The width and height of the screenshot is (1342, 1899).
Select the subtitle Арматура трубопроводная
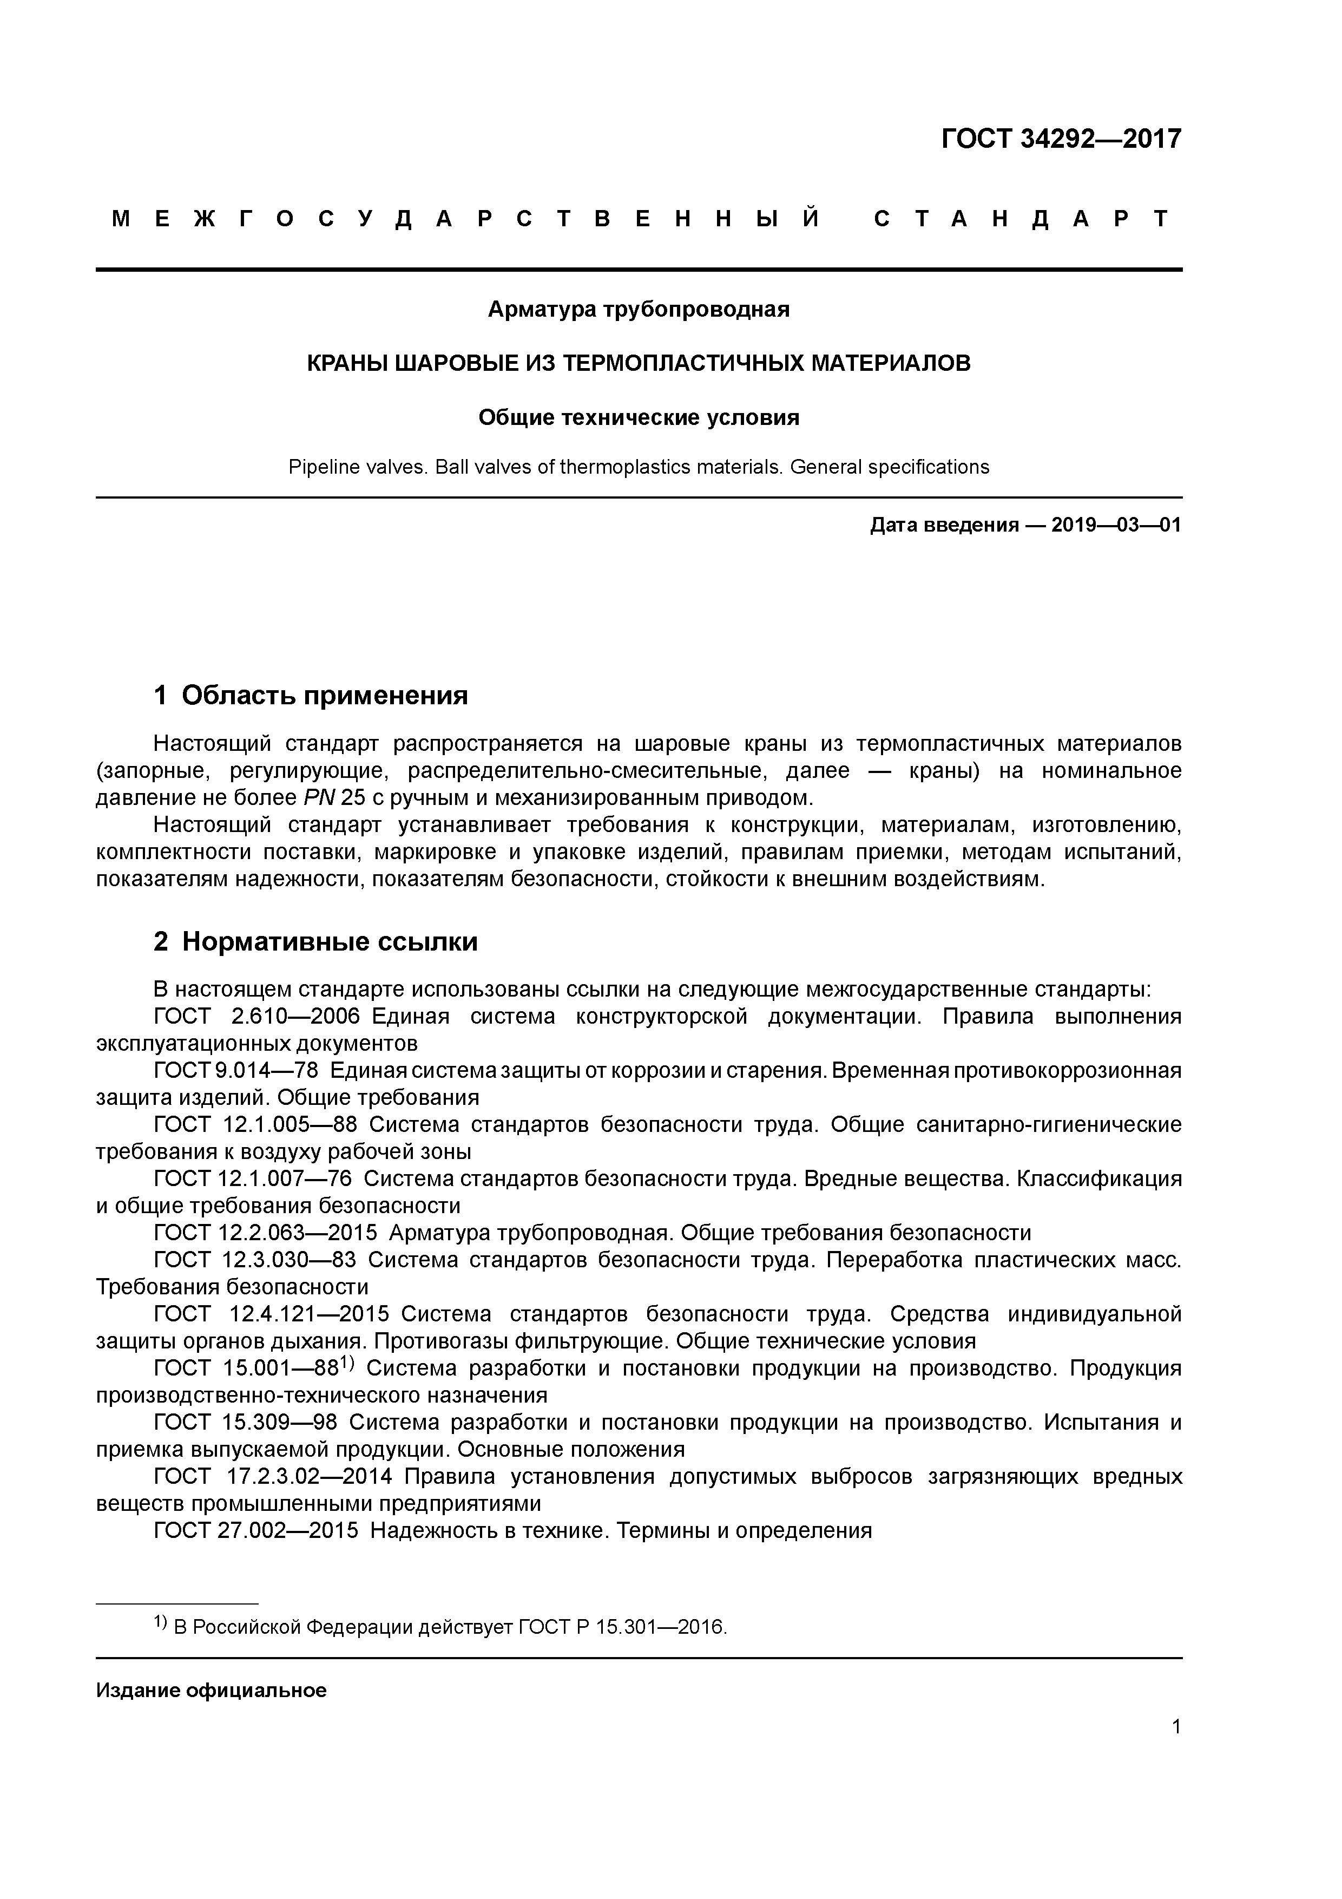coord(639,309)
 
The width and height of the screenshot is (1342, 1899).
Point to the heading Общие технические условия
coord(639,418)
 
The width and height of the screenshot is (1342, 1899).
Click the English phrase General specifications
coord(889,467)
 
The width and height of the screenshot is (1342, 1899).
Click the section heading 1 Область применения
coord(311,696)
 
